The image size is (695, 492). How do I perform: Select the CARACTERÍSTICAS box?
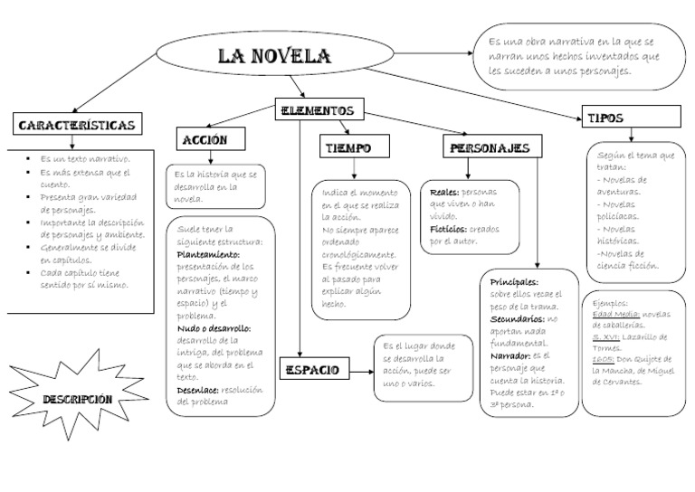coord(77,124)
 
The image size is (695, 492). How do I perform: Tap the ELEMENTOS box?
coord(316,110)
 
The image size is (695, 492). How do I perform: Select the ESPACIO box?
coord(312,369)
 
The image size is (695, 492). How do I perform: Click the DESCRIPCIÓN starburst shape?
coord(77,398)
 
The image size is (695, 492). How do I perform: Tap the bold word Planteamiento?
coord(207,255)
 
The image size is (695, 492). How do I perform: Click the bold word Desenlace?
coord(198,390)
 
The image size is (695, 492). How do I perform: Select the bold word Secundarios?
coord(518,319)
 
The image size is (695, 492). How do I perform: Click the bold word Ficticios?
coord(449,229)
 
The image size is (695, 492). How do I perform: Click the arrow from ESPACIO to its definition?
coord(362,369)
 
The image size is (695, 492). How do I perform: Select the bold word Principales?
coord(514,281)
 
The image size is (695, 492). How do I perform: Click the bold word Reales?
coord(444,193)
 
